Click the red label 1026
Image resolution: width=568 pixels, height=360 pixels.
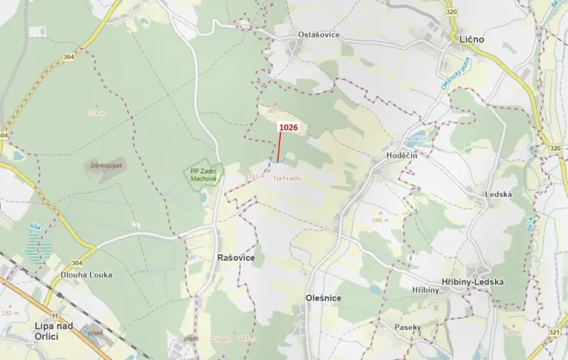point(288,127)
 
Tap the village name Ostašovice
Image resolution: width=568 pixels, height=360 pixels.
point(319,35)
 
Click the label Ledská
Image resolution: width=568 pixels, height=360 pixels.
point(499,194)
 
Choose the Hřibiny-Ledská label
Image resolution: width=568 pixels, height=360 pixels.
point(473,282)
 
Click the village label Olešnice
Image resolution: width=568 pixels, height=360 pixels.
point(322,298)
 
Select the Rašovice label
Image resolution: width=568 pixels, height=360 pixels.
point(236,258)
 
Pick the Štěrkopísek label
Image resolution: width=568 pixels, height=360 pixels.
point(106,165)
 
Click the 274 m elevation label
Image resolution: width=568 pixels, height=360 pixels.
point(96,113)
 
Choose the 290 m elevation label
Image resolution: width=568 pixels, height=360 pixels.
point(377,220)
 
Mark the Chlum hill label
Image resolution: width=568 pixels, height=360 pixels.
point(220,338)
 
